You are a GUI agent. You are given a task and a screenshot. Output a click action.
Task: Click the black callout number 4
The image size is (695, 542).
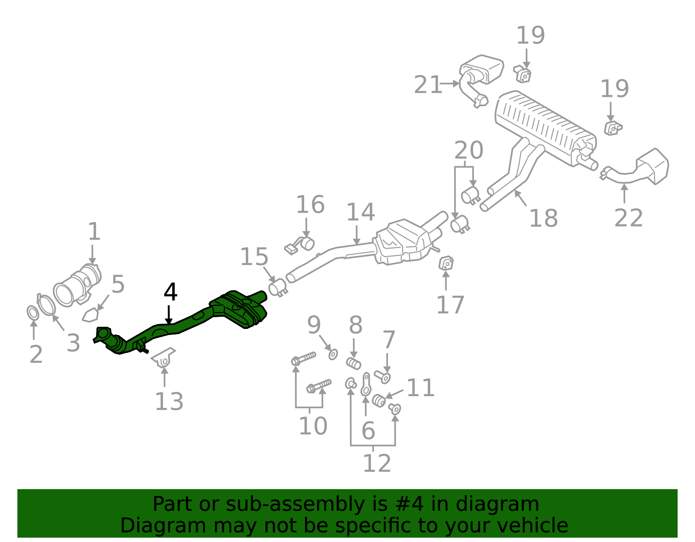click(170, 292)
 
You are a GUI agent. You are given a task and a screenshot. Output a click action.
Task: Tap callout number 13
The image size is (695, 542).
click(169, 401)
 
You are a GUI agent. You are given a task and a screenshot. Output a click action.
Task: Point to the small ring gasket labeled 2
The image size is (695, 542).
click(33, 313)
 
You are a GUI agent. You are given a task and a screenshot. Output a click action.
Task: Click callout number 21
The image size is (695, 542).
click(428, 85)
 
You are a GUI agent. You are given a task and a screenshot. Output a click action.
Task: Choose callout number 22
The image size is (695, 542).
click(628, 218)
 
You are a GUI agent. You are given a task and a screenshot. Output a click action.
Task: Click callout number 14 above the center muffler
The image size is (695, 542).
click(361, 212)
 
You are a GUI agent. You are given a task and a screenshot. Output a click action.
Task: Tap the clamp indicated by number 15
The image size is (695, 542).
click(278, 288)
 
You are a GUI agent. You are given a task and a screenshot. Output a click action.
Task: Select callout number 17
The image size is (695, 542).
click(450, 305)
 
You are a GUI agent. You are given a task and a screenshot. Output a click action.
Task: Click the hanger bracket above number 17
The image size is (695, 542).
click(446, 263)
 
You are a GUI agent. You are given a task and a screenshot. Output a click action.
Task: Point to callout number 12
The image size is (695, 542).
click(377, 463)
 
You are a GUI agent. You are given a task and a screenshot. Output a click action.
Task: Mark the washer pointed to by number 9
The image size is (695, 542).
click(333, 354)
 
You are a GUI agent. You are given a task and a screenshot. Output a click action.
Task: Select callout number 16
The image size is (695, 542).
click(310, 204)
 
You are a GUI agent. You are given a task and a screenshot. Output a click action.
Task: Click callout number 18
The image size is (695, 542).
click(543, 218)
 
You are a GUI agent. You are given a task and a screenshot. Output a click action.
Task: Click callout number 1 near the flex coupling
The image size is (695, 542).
click(94, 231)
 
